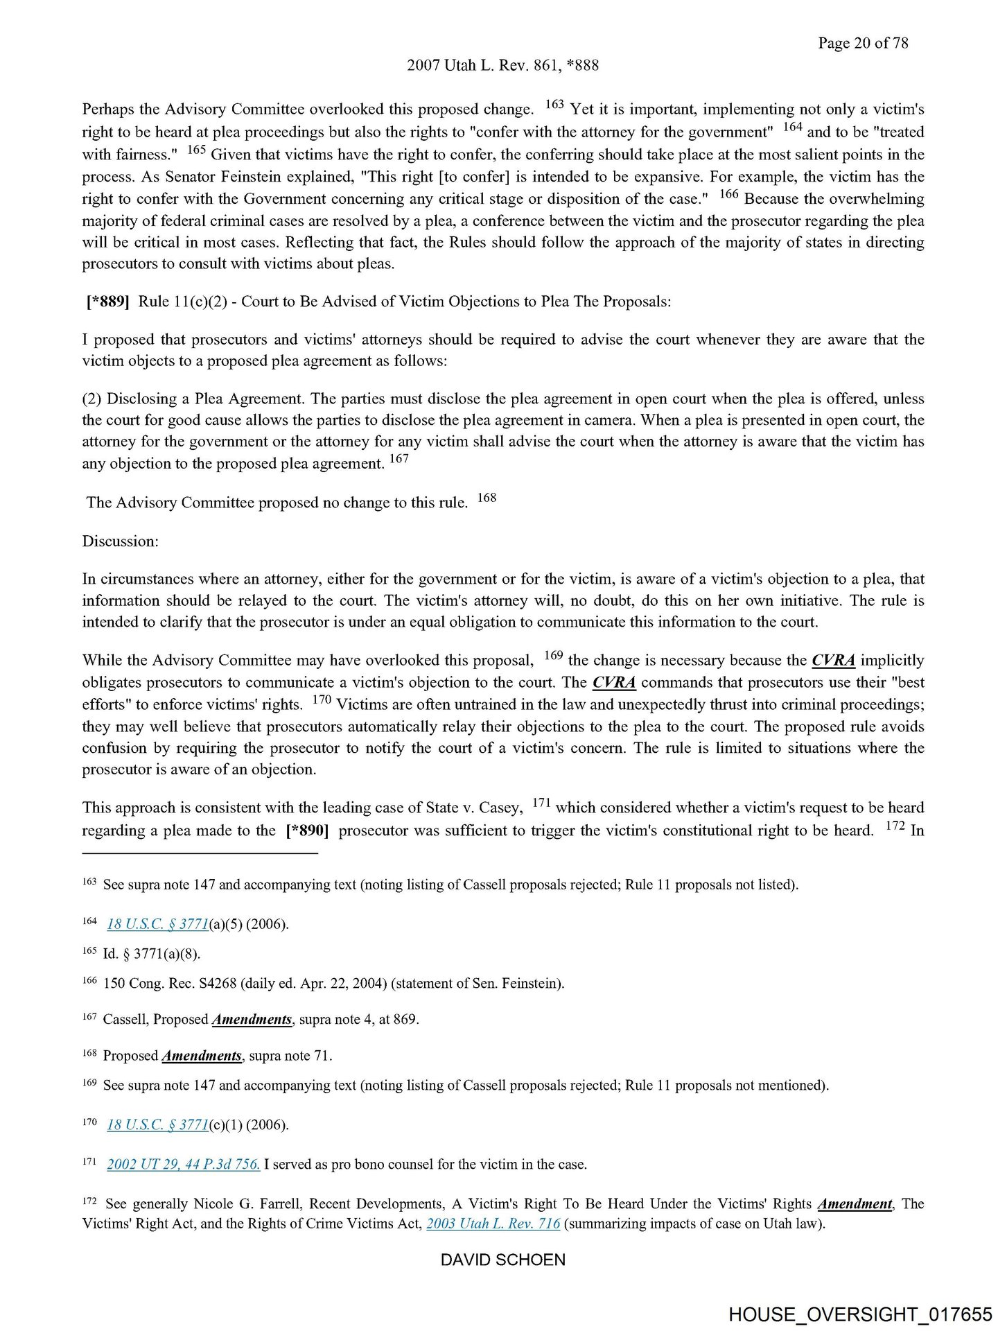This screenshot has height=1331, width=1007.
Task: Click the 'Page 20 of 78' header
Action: pos(862,43)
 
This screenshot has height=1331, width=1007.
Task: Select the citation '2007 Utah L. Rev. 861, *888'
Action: pos(502,65)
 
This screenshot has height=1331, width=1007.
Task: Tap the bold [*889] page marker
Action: pos(107,302)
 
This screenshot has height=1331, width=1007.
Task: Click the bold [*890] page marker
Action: pos(306,830)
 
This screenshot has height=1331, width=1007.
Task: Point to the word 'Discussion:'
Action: pos(121,541)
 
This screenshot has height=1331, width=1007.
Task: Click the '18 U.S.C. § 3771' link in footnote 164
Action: pos(157,924)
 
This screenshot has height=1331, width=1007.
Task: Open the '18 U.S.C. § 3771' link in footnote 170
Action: pos(157,1124)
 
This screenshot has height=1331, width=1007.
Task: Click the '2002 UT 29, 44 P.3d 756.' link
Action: pos(183,1164)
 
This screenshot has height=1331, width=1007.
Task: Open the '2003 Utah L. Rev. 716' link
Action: pos(493,1224)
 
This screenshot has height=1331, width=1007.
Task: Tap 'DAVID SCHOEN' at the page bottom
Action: pos(502,1260)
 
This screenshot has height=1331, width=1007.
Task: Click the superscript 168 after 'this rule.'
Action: pos(487,498)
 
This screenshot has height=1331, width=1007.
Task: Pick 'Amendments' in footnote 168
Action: pos(202,1056)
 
